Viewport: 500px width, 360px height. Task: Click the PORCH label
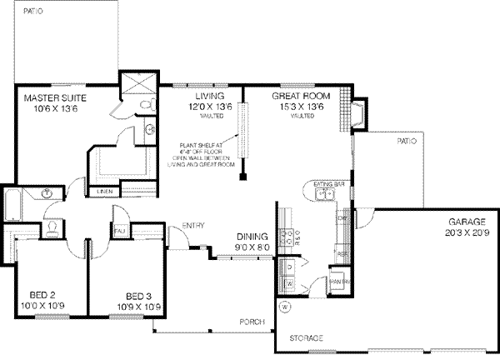coord(251,322)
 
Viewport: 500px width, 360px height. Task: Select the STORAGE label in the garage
coord(305,338)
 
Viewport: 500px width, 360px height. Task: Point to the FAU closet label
coord(120,230)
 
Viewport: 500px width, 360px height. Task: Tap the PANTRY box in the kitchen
coord(339,281)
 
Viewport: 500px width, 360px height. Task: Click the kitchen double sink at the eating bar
coord(325,196)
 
